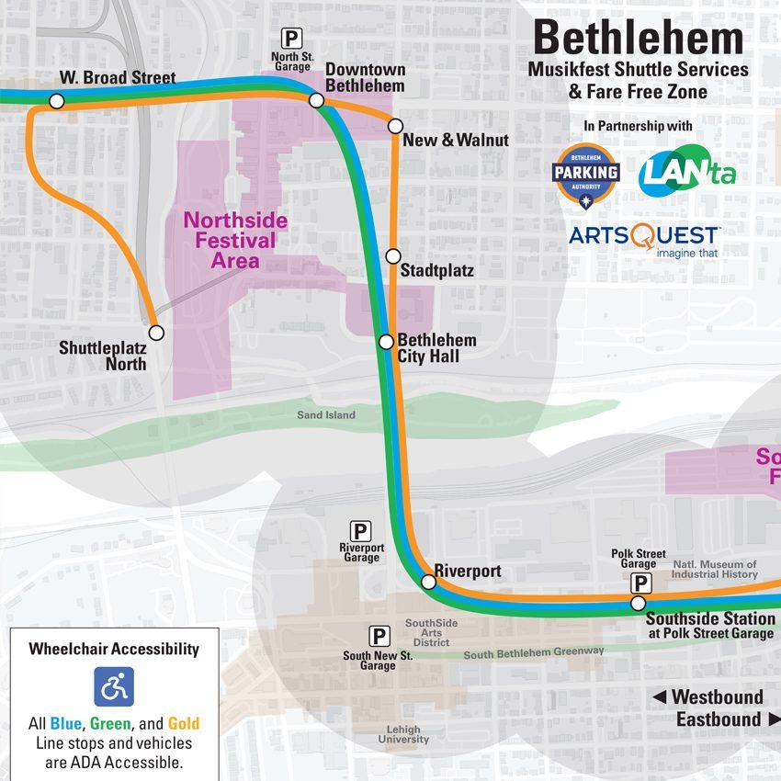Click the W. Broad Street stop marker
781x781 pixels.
(56, 101)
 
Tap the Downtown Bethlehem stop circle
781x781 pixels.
(316, 100)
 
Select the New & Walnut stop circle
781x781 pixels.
(395, 126)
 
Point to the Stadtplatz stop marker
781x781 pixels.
(393, 255)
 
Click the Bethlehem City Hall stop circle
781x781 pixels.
(387, 342)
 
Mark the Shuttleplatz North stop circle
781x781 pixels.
(156, 333)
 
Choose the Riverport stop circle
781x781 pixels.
(428, 582)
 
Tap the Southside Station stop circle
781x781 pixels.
(639, 604)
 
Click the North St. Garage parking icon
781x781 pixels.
(291, 39)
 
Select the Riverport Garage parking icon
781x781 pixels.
(361, 531)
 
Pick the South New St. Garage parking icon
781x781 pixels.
(378, 635)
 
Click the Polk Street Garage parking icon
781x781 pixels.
(640, 583)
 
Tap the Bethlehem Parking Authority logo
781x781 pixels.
(585, 175)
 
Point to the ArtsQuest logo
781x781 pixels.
(644, 238)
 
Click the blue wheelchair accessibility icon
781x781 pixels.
(114, 686)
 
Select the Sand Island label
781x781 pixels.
(325, 415)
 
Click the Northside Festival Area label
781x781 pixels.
(235, 241)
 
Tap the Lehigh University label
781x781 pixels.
(402, 734)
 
